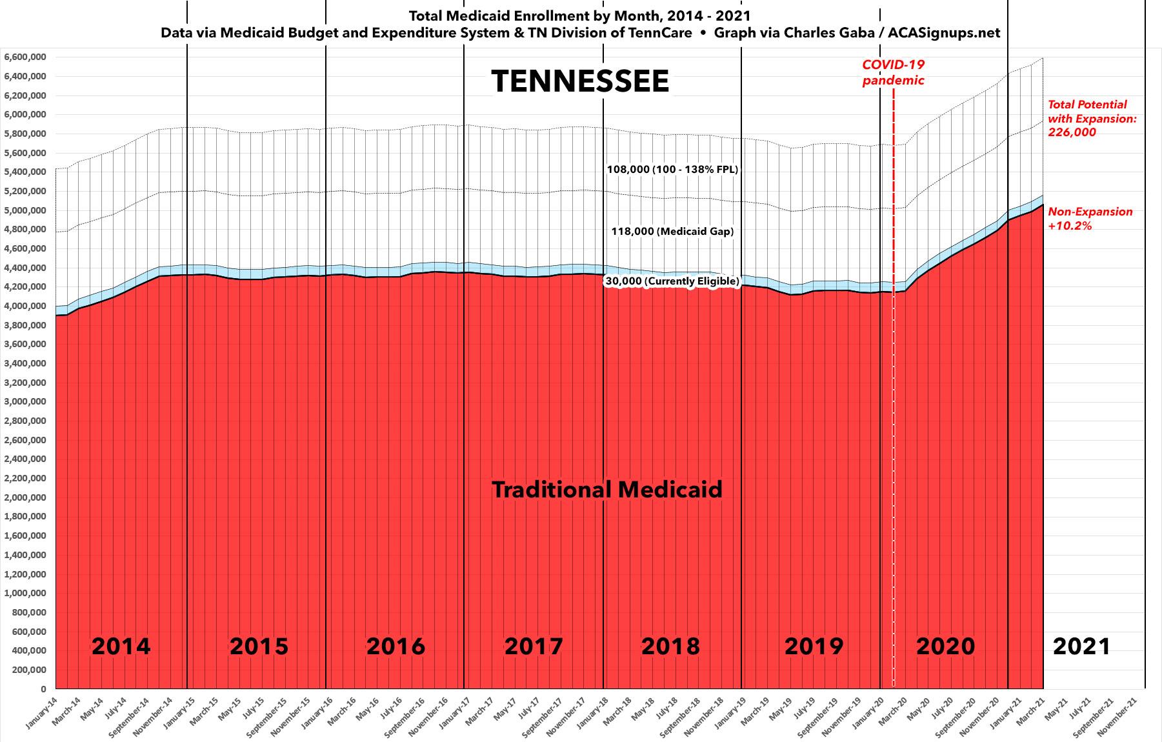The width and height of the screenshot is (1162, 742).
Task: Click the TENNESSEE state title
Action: (580, 82)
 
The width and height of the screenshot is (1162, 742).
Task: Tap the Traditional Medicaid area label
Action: (607, 490)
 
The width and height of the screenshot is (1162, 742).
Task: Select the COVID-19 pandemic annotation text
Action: (894, 72)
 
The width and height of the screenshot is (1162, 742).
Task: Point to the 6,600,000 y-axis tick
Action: (25, 57)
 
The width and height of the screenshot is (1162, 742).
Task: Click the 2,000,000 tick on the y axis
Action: (25, 498)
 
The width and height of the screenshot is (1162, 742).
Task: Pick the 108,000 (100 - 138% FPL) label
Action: (672, 170)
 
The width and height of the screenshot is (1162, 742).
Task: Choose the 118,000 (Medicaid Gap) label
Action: (672, 232)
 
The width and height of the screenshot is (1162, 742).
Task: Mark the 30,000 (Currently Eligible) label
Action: (672, 281)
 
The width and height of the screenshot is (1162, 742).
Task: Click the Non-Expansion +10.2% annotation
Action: (1090, 219)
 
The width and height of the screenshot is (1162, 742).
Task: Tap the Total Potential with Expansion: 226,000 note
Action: (1092, 118)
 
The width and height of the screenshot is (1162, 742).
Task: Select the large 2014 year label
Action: (121, 646)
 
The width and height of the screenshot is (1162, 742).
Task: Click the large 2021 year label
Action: (1081, 646)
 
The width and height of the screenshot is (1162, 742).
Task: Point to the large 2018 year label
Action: (670, 646)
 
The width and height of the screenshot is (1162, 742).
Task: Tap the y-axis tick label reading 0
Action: (42, 689)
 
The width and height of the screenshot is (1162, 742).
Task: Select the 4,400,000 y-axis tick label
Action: (25, 268)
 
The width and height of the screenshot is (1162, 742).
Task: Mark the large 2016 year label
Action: (396, 646)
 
